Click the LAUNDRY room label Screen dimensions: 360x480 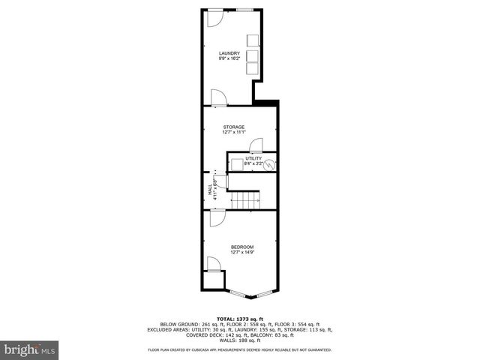[x=229, y=52]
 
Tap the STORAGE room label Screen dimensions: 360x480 [x=233, y=127]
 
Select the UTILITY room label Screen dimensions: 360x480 [x=253, y=158]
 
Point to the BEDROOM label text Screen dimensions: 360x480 [x=241, y=247]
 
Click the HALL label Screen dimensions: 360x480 [x=210, y=191]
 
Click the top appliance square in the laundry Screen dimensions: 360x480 [x=252, y=40]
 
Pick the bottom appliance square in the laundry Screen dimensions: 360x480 [x=252, y=68]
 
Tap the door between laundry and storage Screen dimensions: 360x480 [x=218, y=98]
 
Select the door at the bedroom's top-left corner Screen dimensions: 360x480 [x=216, y=217]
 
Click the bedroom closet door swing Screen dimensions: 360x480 [x=213, y=264]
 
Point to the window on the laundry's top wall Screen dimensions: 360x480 [x=244, y=10]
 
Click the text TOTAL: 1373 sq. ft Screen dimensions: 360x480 [x=239, y=319]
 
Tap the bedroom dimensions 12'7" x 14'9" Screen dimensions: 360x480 [x=241, y=253]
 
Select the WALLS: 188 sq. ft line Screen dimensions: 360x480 [x=240, y=341]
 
